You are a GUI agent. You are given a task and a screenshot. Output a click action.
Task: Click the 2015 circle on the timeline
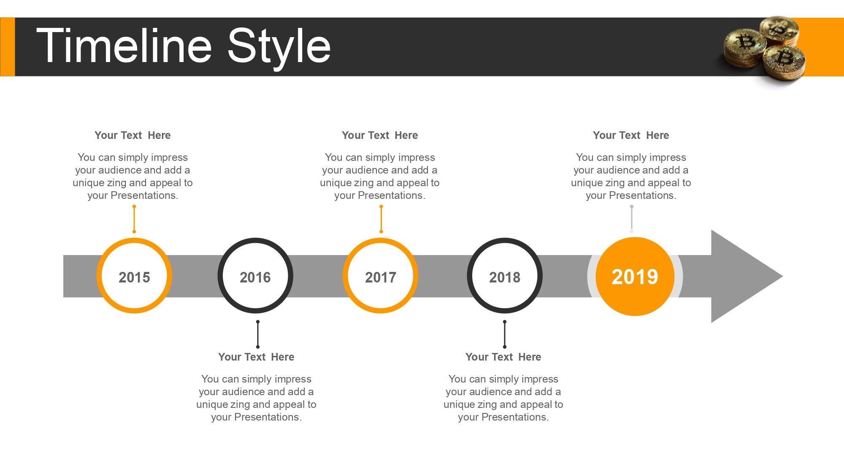134,276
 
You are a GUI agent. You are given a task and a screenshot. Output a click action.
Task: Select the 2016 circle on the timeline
255,276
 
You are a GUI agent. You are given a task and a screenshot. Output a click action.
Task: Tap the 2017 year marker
381,276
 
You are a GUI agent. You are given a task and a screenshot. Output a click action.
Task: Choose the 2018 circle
505,276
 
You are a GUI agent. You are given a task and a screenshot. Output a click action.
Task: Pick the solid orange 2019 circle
635,277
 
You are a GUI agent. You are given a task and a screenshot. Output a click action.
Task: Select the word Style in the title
279,46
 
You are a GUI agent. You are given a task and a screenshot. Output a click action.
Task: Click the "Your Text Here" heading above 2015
133,136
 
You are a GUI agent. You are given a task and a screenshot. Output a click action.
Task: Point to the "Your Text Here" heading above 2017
380,136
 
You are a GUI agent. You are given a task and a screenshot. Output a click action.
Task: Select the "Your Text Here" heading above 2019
631,136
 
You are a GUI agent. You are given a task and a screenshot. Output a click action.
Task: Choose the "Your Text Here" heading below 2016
256,357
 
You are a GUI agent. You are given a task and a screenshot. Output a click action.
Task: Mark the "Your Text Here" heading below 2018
503,357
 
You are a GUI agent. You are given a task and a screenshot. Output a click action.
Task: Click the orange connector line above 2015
134,219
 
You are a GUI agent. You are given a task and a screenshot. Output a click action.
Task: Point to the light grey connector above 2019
632,219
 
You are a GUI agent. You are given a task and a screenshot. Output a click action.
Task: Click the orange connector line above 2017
381,219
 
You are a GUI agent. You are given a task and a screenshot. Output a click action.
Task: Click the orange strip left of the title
7,47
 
